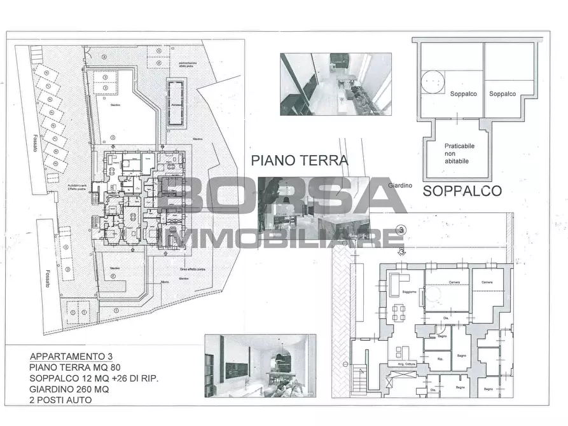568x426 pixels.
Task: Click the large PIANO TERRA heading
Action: (x=300, y=160)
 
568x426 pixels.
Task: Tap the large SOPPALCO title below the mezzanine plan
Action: (x=462, y=190)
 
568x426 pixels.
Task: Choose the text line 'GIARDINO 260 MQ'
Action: (x=67, y=389)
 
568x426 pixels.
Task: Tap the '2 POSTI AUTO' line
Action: (x=60, y=400)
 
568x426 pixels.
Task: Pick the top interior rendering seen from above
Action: (x=335, y=84)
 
